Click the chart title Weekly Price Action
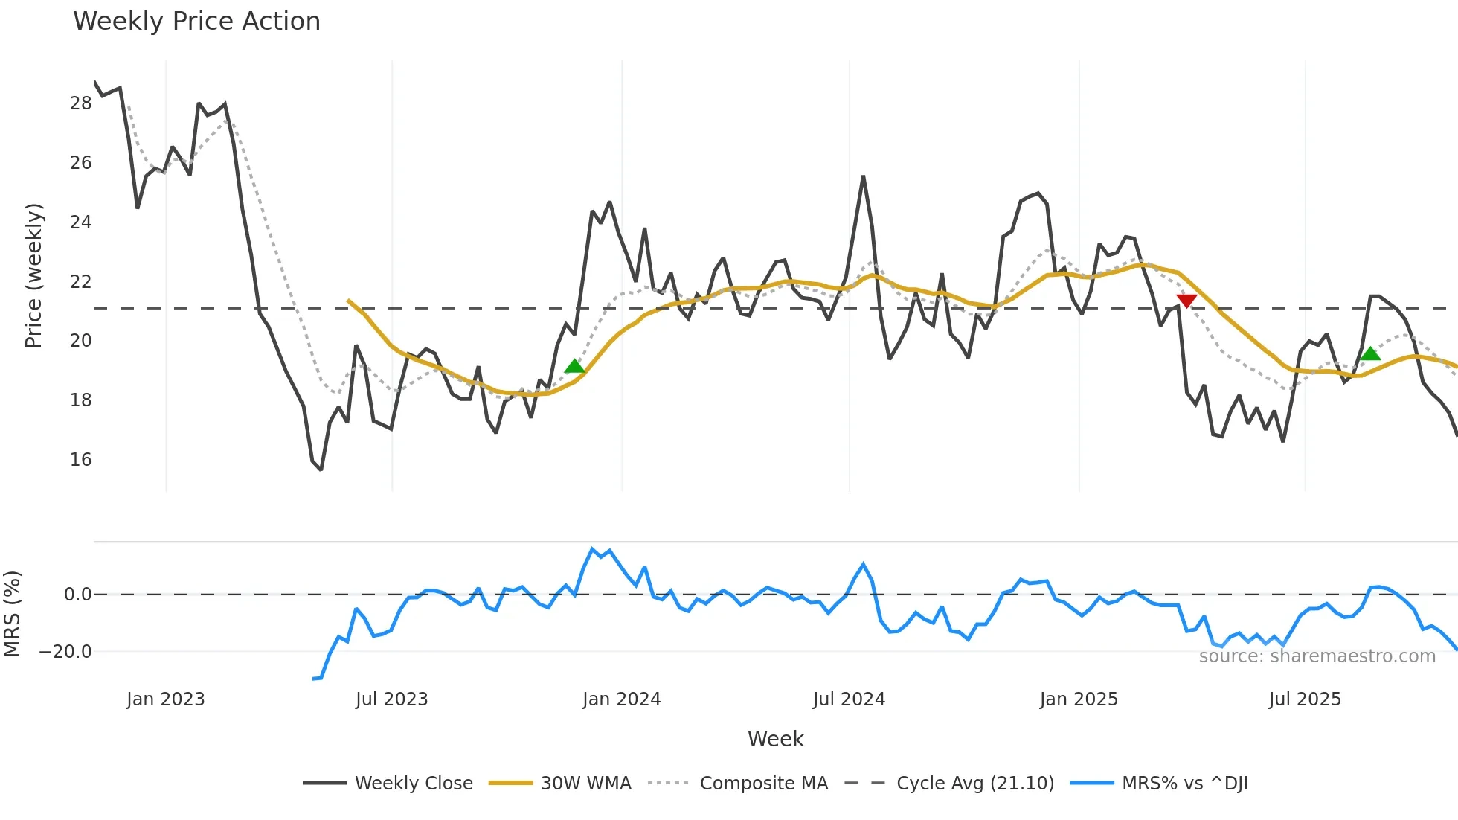pos(196,21)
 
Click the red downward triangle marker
pos(1186,301)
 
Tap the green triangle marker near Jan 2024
pos(574,366)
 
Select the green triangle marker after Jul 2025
pos(1370,353)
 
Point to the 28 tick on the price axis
pos(80,103)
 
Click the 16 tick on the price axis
pos(80,460)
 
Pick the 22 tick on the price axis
pos(80,282)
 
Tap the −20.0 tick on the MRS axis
pos(65,652)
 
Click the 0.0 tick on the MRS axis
pos(77,595)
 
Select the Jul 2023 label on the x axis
pos(391,699)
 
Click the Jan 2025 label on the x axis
pos(1079,699)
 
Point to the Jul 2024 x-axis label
pos(849,699)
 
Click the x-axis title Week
pos(775,739)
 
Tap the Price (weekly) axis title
pos(33,275)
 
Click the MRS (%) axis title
pos(12,614)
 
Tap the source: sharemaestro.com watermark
pos(1317,656)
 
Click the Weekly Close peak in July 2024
pos(863,177)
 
